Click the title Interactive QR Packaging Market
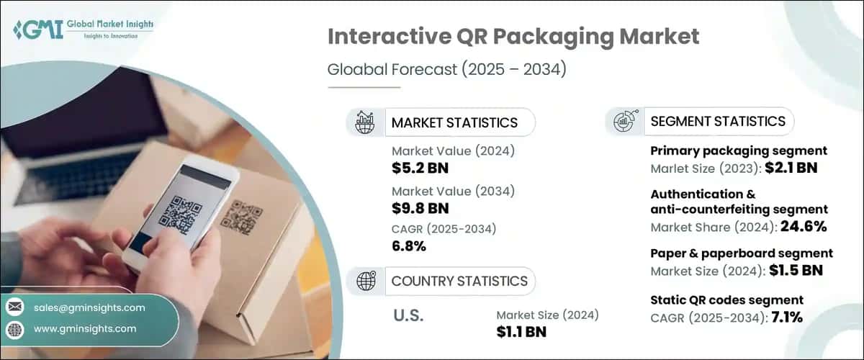coord(513,37)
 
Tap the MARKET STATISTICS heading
coord(454,122)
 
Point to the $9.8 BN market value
coord(420,208)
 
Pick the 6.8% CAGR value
coord(409,246)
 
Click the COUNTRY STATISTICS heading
coord(459,281)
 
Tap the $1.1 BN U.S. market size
coord(521,331)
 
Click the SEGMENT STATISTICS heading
coord(717,121)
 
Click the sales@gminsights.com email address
coord(89,307)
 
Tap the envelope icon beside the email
coord(15,307)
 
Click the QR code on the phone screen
coord(181,213)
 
